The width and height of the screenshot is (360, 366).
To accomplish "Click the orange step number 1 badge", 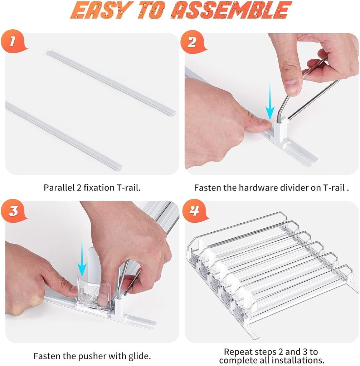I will (x=14, y=42).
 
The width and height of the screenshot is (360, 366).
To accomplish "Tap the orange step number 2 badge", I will (x=192, y=42).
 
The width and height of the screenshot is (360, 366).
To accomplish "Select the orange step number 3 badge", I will (x=14, y=211).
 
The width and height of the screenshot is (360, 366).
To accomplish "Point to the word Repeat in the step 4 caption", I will (x=238, y=352).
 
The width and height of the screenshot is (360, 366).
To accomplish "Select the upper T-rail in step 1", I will (x=111, y=82).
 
